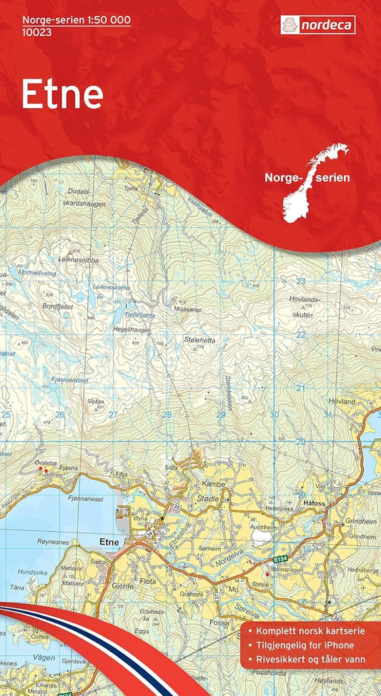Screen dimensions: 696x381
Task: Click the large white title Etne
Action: (x=62, y=95)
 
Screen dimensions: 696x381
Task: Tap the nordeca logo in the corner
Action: (x=317, y=26)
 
